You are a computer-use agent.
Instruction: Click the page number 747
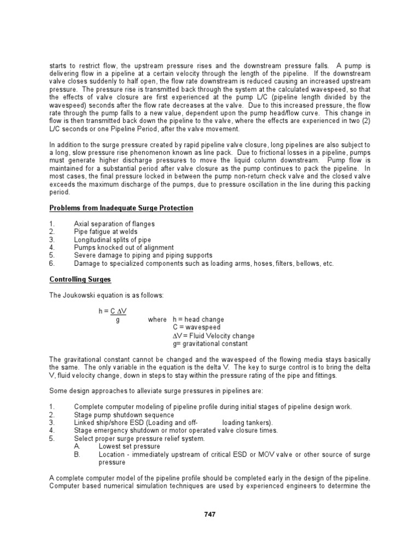(x=210, y=514)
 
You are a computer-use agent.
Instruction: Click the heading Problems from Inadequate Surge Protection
(x=121, y=208)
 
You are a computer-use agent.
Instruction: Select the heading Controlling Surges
(x=80, y=279)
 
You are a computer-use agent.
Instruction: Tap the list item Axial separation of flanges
(x=114, y=224)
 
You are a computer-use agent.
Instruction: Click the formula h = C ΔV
(x=113, y=311)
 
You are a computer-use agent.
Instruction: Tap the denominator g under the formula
(x=118, y=319)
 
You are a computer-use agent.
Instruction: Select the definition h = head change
(x=198, y=319)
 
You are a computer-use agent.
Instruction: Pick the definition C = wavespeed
(x=195, y=327)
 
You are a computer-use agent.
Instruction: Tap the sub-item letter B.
(x=77, y=454)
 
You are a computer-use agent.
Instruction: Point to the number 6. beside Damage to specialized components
(x=52, y=263)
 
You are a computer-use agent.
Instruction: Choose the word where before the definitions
(x=156, y=319)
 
